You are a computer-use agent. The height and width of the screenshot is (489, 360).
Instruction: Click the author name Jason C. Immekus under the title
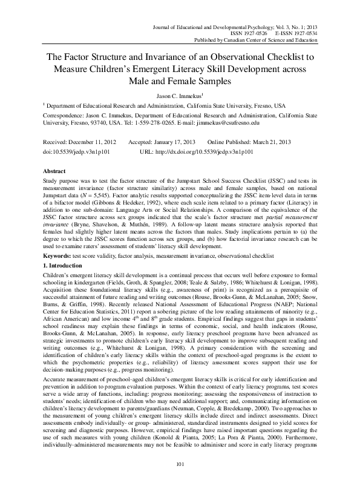tap(180, 96)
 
